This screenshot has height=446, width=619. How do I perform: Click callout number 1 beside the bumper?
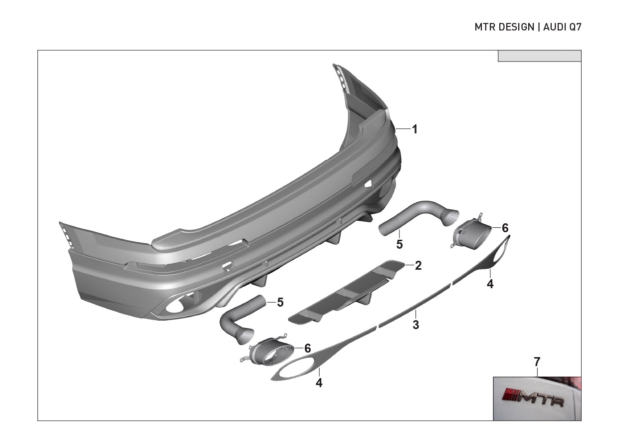coord(414,129)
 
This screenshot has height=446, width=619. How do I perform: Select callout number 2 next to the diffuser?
coord(418,265)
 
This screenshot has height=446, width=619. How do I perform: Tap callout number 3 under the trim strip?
coord(415,325)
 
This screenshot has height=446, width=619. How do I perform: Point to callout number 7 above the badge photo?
coord(537,362)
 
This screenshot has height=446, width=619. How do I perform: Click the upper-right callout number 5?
coord(400,244)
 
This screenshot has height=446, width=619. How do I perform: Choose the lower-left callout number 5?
coord(280,302)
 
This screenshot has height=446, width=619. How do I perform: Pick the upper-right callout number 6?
coord(505,228)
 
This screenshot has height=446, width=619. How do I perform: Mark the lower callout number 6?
coord(308,348)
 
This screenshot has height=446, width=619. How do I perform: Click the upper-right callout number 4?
coord(490,284)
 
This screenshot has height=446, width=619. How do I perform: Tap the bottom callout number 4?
coord(319,383)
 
